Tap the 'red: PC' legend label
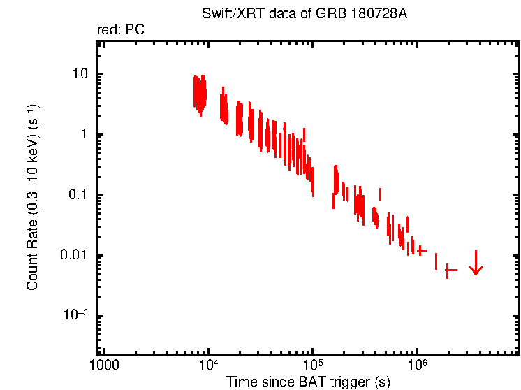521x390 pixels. (121, 29)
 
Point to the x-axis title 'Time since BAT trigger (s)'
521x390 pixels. (308, 382)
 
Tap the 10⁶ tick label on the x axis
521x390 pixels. (417, 365)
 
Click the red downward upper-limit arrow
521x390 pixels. (476, 264)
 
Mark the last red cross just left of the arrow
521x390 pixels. (450, 270)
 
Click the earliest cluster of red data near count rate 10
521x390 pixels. (200, 93)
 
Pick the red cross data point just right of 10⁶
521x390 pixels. (421, 250)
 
